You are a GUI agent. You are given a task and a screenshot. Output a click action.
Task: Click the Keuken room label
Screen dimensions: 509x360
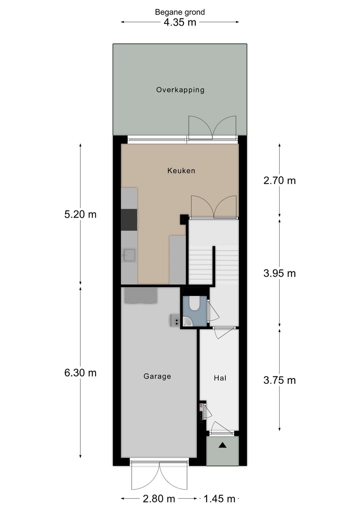pyautogui.click(x=181, y=171)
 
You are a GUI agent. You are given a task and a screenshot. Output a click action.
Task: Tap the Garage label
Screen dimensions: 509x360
pyautogui.click(x=157, y=376)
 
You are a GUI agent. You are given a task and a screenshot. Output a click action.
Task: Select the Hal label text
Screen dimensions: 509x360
pyautogui.click(x=220, y=378)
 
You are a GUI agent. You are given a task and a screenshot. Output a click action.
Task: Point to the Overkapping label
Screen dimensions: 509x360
pyautogui.click(x=180, y=90)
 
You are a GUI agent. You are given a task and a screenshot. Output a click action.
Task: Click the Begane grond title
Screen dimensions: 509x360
pyautogui.click(x=180, y=12)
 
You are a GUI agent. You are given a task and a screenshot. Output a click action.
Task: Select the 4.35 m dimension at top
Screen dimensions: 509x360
pyautogui.click(x=180, y=22)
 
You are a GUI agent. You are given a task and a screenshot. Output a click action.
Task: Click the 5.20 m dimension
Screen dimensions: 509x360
pyautogui.click(x=80, y=214)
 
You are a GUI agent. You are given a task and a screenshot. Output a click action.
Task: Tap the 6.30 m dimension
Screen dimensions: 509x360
pyautogui.click(x=80, y=373)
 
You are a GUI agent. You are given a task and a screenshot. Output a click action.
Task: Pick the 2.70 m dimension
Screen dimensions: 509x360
pyautogui.click(x=279, y=180)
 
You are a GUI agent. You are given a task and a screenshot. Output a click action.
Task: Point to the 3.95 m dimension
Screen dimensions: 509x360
pyautogui.click(x=279, y=274)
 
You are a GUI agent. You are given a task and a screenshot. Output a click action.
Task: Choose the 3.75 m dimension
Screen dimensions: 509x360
pyautogui.click(x=279, y=380)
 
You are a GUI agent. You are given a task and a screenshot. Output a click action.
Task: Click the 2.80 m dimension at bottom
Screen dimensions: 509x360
pyautogui.click(x=159, y=499)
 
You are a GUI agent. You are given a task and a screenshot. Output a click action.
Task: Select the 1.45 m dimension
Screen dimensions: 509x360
pyautogui.click(x=219, y=499)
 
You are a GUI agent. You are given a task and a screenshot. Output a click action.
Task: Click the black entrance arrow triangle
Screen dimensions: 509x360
pyautogui.click(x=222, y=445)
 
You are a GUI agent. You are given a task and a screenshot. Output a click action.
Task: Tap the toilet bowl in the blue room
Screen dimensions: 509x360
pyautogui.click(x=194, y=304)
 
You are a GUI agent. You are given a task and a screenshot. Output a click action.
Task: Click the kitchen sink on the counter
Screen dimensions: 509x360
pyautogui.click(x=129, y=255)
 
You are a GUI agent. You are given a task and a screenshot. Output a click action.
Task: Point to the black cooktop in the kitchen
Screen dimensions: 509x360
pyautogui.click(x=129, y=220)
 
